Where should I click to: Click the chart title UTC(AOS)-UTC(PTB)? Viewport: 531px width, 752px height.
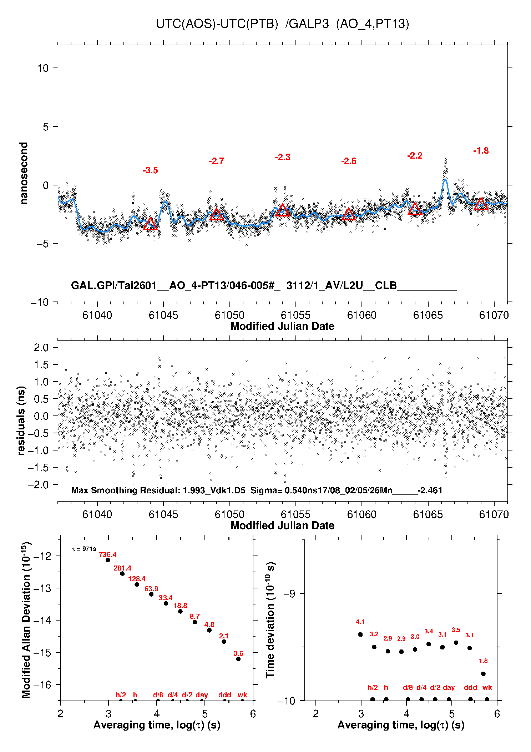coord(217,24)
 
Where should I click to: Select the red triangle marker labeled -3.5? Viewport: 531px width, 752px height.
coord(150,224)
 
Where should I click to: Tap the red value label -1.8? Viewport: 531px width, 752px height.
coord(481,151)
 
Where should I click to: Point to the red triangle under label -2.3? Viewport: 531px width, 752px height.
coord(283,210)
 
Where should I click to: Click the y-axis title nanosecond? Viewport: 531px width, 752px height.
coord(24,173)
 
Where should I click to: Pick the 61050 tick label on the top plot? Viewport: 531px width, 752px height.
coord(229,315)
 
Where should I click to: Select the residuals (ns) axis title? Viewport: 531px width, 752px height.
coord(21,420)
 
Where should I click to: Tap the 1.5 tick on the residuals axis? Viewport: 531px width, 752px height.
coord(41,364)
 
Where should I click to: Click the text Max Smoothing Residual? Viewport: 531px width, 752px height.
coord(125,490)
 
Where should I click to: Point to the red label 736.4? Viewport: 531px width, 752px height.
coord(108,554)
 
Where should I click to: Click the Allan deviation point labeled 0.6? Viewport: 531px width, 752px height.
coord(238,659)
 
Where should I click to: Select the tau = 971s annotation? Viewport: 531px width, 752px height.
coord(84,549)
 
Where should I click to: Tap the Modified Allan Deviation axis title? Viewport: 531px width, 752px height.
coord(26,620)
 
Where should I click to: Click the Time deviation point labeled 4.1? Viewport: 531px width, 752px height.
coord(360,634)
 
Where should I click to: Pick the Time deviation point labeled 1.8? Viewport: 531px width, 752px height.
coord(483,674)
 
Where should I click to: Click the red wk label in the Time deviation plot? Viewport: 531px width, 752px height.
coord(487,687)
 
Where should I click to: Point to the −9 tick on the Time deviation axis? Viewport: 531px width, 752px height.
coord(289,593)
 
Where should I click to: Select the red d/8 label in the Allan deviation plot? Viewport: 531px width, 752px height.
coord(158,695)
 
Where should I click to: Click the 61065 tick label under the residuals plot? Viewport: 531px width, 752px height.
coord(428,514)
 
